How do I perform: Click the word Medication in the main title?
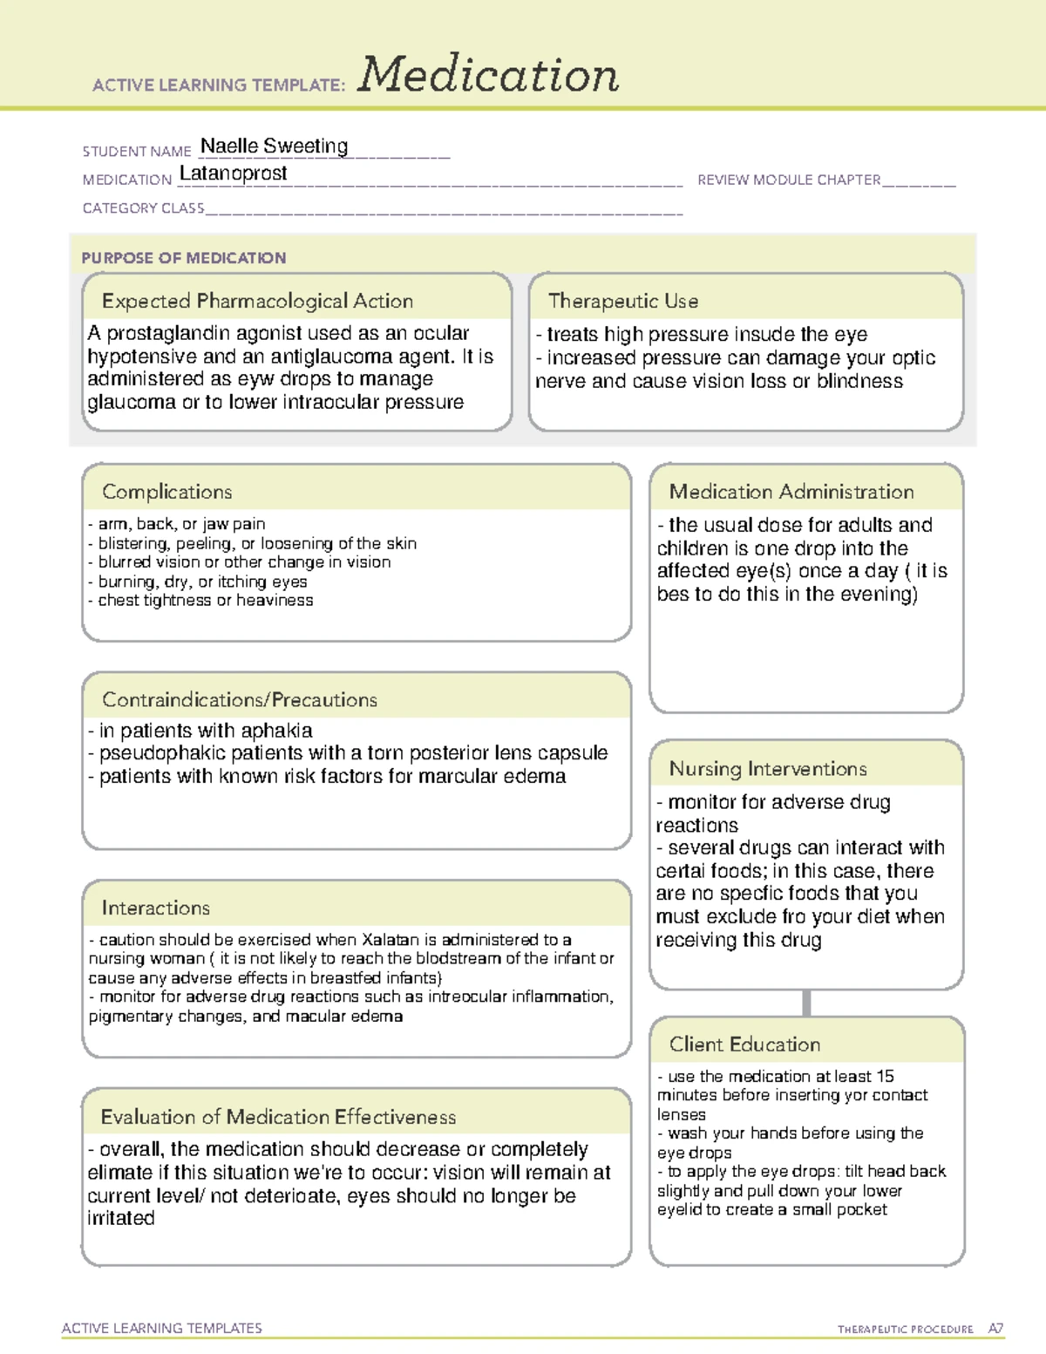tap(488, 75)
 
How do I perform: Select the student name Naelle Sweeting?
tap(274, 146)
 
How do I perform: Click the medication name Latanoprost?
tap(233, 174)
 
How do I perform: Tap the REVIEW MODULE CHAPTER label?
tap(789, 180)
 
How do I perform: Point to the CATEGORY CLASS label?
tap(143, 208)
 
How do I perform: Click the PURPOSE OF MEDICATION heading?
tap(183, 258)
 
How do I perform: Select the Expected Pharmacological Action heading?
tap(257, 301)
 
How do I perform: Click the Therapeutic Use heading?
tap(623, 301)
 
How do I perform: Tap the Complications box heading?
tap(166, 492)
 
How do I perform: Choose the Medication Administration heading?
tap(791, 492)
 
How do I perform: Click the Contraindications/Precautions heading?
tap(240, 699)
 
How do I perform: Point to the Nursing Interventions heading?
tap(768, 768)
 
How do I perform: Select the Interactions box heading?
tap(155, 908)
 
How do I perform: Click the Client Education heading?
tap(744, 1044)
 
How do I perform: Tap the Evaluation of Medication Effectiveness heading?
tap(278, 1117)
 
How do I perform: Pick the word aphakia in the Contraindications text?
tap(276, 731)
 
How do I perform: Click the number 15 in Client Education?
tap(885, 1077)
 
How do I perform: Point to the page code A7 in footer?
tap(995, 1329)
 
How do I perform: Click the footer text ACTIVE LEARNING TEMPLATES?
tap(162, 1328)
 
